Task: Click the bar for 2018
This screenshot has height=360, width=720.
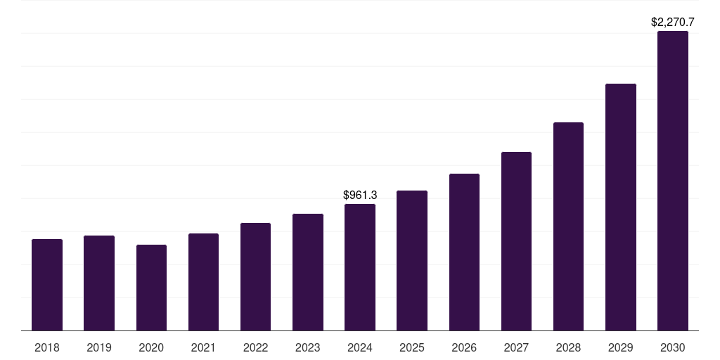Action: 47,285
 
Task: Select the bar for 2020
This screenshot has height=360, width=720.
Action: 151,288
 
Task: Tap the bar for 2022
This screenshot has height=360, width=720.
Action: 255,277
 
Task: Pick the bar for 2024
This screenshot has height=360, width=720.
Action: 360,267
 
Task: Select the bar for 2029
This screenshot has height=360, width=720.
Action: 620,207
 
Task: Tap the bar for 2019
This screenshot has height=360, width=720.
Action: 99,283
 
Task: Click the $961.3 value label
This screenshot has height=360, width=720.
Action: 360,195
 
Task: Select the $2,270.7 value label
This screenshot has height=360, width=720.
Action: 672,22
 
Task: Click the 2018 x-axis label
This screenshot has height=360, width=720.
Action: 47,347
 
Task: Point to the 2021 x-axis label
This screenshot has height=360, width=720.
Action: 203,347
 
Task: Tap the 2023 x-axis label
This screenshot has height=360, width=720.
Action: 307,347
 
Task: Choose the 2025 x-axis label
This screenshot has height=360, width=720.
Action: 412,347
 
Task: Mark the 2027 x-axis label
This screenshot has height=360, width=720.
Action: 516,347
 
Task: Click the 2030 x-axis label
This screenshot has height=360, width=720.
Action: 672,347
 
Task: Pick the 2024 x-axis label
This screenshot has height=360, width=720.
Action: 360,347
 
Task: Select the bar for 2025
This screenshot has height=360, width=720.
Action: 412,260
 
